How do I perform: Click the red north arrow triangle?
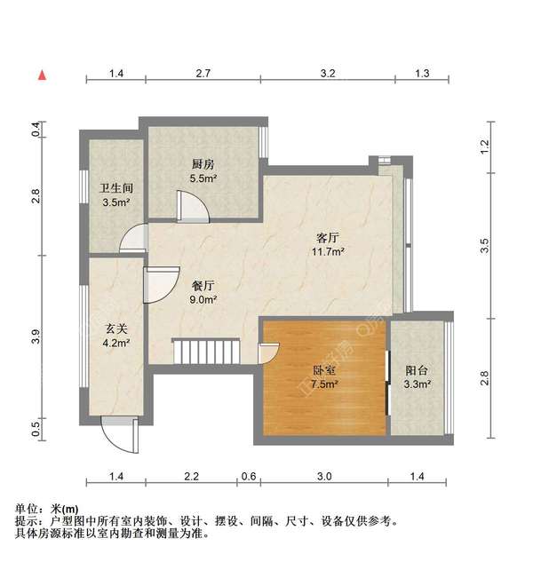tap(42, 75)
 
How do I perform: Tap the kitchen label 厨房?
tap(203, 164)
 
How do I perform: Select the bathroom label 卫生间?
tap(115, 188)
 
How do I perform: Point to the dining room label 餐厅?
tap(203, 286)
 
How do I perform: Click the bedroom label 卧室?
tap(324, 370)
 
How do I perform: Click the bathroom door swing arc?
tap(133, 240)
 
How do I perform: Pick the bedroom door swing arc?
tap(267, 352)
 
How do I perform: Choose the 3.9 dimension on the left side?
tap(36, 336)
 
